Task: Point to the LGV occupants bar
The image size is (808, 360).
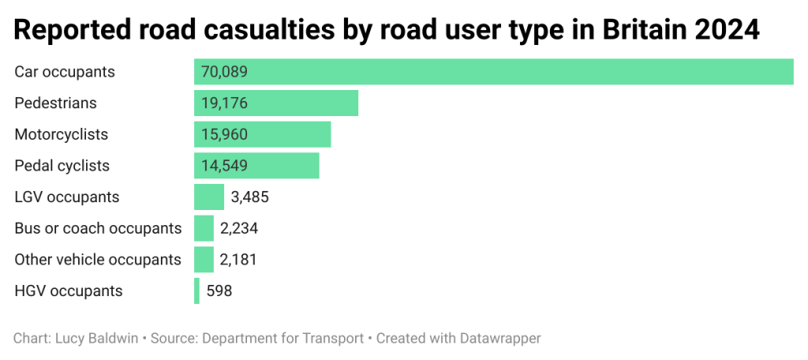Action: click(x=209, y=197)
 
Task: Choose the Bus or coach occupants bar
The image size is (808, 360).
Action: click(x=204, y=228)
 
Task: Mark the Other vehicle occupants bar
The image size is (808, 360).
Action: click(x=204, y=259)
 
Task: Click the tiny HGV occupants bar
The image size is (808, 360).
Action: click(x=196, y=291)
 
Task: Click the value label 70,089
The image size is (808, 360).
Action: click(x=224, y=72)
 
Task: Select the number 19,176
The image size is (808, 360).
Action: click(x=224, y=103)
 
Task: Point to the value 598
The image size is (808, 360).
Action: click(x=219, y=291)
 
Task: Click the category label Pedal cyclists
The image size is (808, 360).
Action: click(x=62, y=166)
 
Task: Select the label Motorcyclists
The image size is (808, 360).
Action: click(x=61, y=134)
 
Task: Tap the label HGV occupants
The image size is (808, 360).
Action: click(x=69, y=291)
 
